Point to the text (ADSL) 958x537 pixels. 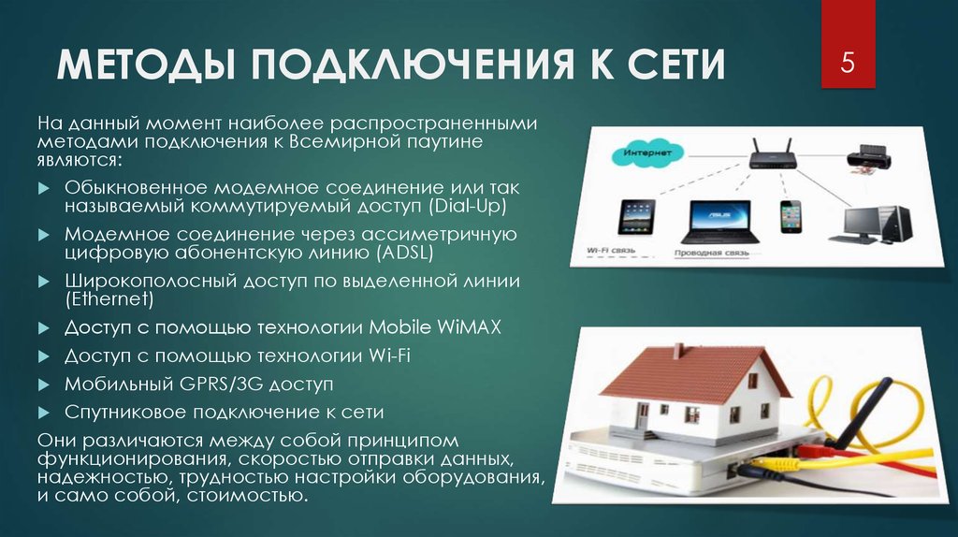click(393, 253)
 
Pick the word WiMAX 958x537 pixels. click(469, 327)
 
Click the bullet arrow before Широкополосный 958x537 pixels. click(43, 281)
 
